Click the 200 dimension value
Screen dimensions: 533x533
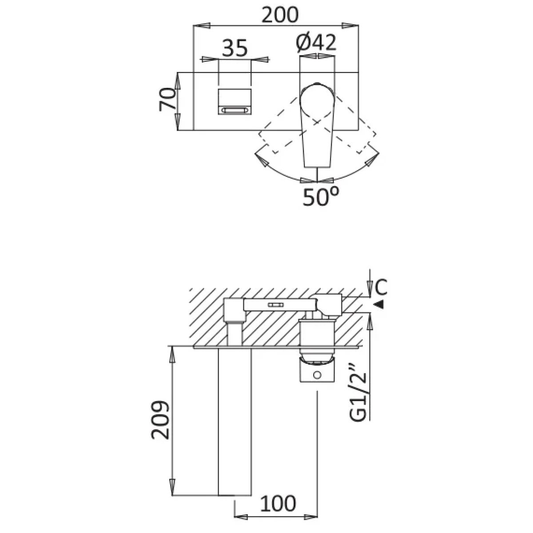280,15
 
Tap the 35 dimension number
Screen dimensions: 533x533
235,48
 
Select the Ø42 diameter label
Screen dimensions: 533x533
316,43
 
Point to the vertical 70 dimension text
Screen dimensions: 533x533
167,99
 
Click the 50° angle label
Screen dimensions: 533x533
321,197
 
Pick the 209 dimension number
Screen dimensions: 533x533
160,420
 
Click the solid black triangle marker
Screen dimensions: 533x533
379,304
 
